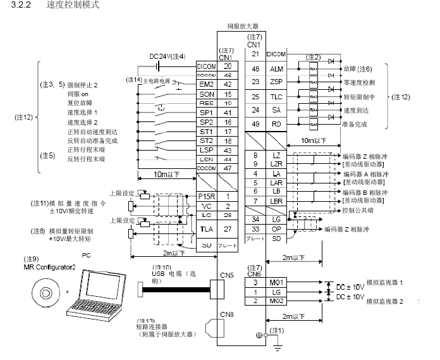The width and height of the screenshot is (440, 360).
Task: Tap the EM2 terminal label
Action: tap(205, 84)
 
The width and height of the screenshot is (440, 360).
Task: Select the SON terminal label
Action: tap(205, 93)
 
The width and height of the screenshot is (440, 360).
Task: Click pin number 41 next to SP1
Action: tap(227, 112)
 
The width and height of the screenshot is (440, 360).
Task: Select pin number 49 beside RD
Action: tap(255, 125)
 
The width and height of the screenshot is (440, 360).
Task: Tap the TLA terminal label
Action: tap(205, 228)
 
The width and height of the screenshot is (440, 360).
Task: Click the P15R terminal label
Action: tap(207, 196)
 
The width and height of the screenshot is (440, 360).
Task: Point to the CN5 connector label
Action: tap(226, 275)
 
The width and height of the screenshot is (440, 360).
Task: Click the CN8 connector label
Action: tap(226, 314)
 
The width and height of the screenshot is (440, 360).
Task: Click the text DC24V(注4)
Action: tap(167, 56)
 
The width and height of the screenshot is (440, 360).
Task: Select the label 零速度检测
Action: tap(358, 82)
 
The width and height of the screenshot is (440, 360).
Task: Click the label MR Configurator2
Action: tap(49, 268)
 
